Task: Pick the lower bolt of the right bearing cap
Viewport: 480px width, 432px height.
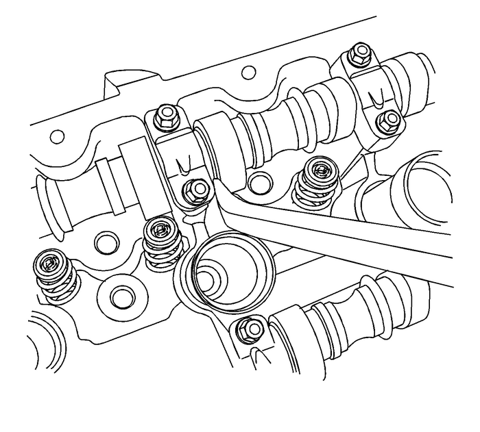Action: (390, 119)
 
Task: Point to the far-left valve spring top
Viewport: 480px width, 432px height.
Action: (49, 264)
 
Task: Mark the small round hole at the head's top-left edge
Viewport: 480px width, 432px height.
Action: (58, 136)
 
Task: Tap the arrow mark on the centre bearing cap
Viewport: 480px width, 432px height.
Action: (182, 165)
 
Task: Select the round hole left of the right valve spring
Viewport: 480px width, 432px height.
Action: (259, 183)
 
